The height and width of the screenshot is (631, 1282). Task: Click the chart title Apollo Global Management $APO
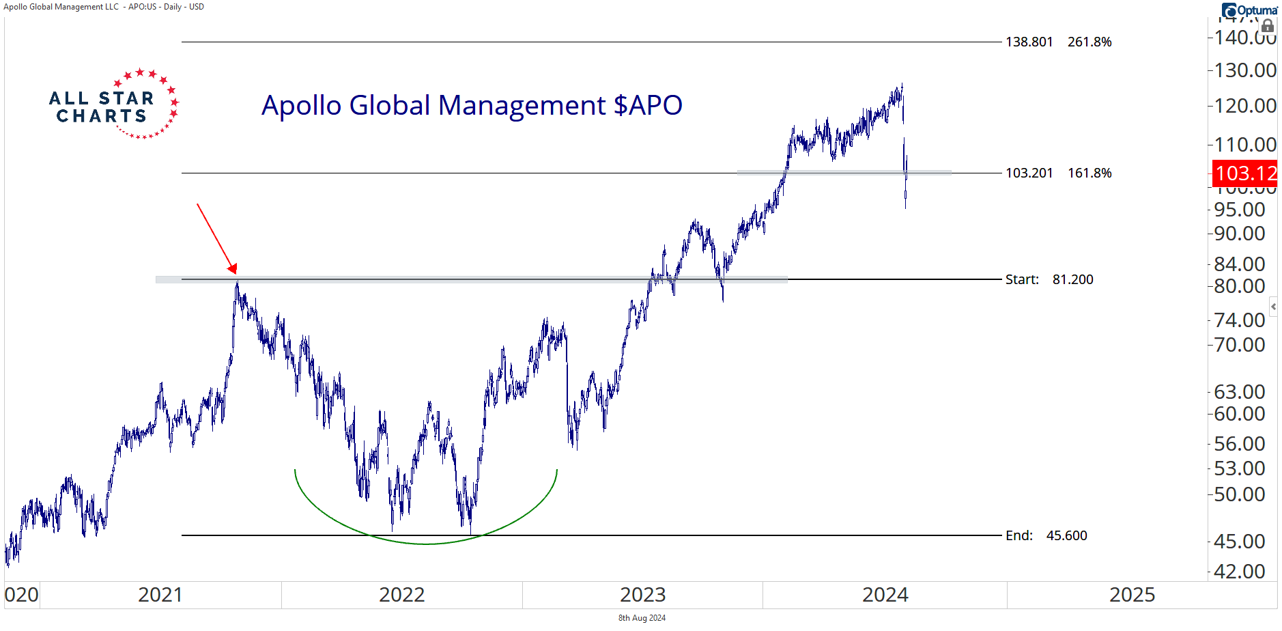(x=472, y=106)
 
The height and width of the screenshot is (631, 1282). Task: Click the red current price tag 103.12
(x=1245, y=173)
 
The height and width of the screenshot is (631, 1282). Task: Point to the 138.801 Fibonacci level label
(x=1029, y=42)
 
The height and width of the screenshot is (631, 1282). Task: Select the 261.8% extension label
(x=1089, y=42)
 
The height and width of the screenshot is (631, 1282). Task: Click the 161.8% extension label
(x=1089, y=173)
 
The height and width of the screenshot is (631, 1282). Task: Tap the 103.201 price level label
(x=1029, y=173)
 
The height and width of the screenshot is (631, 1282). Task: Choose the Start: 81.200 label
(x=1049, y=280)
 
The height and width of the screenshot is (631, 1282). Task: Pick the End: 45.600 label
(x=1046, y=536)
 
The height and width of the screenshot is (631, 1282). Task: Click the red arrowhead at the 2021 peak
(x=233, y=268)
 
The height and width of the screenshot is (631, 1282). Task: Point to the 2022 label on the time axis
(x=401, y=595)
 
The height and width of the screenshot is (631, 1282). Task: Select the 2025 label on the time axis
(x=1132, y=595)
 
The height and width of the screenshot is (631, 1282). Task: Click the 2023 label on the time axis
(x=642, y=595)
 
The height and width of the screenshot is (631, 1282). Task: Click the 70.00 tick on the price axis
(x=1240, y=345)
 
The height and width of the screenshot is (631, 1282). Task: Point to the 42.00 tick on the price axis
(x=1240, y=572)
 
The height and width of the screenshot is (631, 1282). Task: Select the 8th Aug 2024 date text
(x=642, y=618)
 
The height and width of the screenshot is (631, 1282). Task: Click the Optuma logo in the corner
(x=1249, y=10)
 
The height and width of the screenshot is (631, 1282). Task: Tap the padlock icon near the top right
(x=1268, y=27)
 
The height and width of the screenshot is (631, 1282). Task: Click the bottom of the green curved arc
(x=426, y=544)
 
